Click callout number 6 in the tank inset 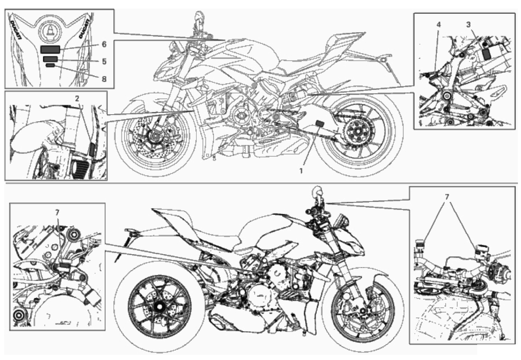[104, 44]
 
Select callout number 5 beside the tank [104, 62]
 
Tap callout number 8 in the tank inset [104, 79]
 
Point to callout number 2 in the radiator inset [77, 98]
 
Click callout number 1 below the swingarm [301, 171]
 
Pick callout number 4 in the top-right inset [439, 25]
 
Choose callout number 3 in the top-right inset [468, 24]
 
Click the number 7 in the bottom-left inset [58, 212]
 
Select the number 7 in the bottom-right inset [447, 197]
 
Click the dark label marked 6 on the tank [50, 50]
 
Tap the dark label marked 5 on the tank [51, 59]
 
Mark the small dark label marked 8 [50, 66]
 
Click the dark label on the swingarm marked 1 [320, 123]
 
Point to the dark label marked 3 [487, 54]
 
